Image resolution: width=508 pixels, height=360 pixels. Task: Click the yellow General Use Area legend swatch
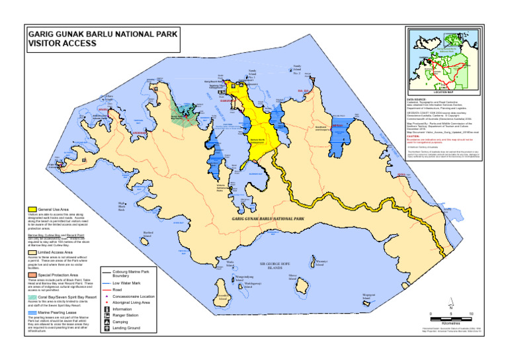31,208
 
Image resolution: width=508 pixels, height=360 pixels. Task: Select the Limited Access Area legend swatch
31,252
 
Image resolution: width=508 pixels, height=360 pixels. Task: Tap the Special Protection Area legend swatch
31,274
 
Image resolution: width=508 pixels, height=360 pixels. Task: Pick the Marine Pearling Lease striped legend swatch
31,311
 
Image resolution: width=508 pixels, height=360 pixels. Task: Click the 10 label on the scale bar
471,314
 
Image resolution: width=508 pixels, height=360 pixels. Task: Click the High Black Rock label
122,206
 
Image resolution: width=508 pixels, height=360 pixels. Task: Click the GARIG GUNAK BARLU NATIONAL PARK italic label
267,217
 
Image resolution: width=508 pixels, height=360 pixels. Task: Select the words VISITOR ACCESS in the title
62,43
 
